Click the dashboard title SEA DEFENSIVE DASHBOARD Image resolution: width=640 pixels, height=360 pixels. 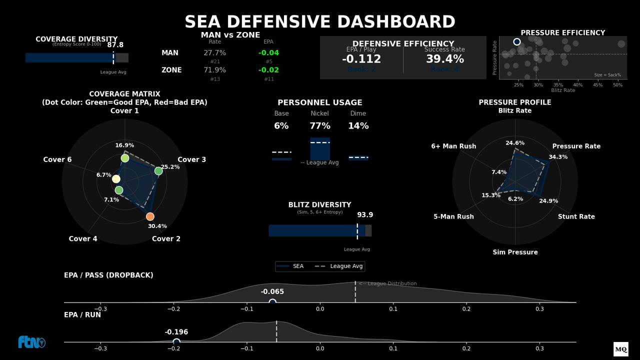320,22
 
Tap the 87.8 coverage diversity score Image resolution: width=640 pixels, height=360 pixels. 115,45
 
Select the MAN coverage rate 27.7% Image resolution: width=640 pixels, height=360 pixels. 214,53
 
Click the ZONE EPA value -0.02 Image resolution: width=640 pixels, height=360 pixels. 268,70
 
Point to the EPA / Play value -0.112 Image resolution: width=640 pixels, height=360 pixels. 361,59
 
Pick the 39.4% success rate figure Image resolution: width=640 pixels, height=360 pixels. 445,59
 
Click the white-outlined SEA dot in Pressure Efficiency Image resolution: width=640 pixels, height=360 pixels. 517,42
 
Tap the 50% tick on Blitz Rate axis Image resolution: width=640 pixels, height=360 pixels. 617,85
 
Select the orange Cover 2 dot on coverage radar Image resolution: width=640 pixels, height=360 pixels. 150,216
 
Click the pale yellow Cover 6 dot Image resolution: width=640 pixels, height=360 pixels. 116,179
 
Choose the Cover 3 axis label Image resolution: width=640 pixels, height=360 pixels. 191,159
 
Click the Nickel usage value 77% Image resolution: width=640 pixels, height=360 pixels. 320,126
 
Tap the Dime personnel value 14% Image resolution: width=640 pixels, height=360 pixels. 358,126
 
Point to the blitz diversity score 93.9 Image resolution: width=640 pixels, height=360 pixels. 365,215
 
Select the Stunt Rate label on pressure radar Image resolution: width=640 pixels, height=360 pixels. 576,216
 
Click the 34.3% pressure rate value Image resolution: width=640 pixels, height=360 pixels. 558,157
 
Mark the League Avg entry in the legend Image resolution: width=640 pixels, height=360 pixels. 346,266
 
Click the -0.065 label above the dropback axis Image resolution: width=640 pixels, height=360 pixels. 272,292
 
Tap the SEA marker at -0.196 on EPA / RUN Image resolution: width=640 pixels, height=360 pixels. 176,342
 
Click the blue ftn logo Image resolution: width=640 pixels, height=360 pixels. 31,342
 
